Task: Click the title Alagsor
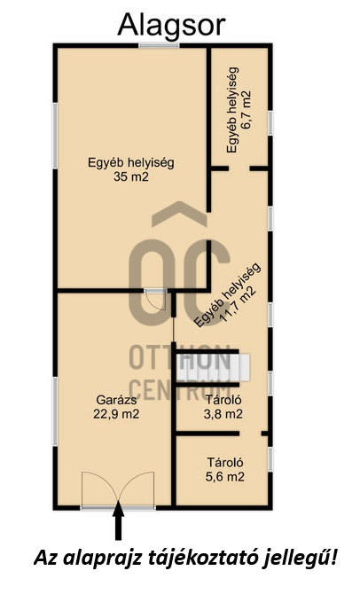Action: pos(171,26)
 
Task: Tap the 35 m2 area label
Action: pos(131,176)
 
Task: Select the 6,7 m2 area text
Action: pos(246,110)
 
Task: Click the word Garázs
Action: pos(116,400)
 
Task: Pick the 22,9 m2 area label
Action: pos(116,414)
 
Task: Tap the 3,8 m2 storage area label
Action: pos(223,414)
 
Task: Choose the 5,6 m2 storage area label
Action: pos(225,476)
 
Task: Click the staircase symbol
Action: pos(212,367)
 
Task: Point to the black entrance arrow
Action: pos(119,520)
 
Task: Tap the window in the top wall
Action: pos(159,46)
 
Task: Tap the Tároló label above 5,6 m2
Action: pos(225,462)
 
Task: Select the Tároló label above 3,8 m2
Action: pos(223,400)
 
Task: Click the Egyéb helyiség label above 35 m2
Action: pos(131,162)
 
